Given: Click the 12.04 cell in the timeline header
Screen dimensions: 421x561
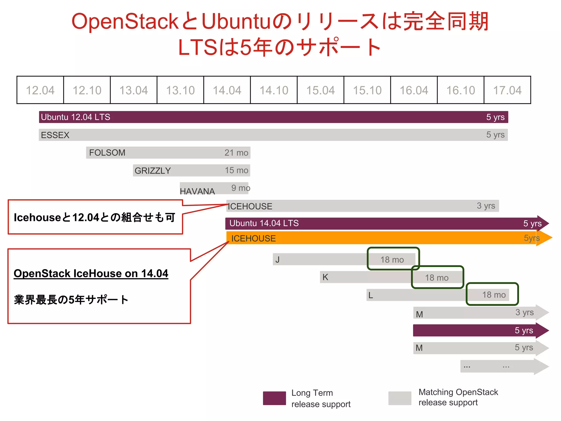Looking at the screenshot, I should pos(40,90).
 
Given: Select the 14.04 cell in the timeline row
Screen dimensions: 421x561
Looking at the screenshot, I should pos(227,90).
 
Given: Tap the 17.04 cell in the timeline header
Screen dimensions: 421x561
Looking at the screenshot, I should pos(507,90).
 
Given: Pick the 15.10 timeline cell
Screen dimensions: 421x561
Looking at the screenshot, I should pos(367,90).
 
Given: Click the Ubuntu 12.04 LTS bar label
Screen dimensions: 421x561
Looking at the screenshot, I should pos(76,117).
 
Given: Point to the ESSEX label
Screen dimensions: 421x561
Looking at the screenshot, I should pos(55,135).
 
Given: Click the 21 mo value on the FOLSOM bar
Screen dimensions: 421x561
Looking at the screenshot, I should pos(236,153).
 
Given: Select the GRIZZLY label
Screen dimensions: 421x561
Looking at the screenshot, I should pos(153,171).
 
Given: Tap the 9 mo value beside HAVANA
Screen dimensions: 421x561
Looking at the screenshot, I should pos(241,188).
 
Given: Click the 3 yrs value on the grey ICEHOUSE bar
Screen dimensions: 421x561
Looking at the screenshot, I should pos(486,206).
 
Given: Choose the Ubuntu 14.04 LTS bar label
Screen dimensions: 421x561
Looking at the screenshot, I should pos(264,223).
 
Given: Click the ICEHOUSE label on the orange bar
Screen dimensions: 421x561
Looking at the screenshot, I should pos(253,238).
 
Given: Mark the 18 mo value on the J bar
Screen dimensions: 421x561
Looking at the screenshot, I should pos(392,260).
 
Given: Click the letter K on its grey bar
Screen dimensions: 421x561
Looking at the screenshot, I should pos(325,277).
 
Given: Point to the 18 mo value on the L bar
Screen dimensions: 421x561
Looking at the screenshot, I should pos(494,295).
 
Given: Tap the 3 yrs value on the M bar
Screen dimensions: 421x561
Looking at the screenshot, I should pos(524,312).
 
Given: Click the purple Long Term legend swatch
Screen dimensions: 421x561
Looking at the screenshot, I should pos(274,398).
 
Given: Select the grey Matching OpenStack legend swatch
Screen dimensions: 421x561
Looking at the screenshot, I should pos(400,398).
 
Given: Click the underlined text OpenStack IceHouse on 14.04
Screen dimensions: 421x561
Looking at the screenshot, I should pos(91,274).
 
